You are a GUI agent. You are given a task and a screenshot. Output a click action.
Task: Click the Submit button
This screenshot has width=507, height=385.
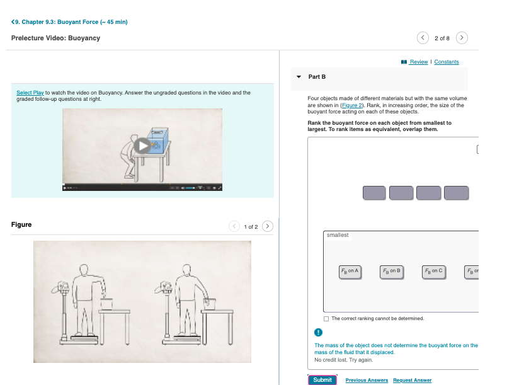322,380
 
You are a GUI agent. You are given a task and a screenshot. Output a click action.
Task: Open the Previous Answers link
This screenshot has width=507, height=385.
367,380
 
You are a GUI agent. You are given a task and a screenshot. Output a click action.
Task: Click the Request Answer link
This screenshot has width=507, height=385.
413,380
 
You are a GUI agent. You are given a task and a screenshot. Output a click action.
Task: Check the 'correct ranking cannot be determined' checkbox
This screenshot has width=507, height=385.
326,319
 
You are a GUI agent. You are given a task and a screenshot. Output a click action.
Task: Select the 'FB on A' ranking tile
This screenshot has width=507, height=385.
350,272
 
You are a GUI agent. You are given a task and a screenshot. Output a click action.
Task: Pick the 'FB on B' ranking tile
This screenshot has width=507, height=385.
392,272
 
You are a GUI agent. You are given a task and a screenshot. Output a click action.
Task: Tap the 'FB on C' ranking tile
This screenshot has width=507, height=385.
433,272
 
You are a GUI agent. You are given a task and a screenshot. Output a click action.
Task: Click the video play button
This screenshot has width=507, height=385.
142,146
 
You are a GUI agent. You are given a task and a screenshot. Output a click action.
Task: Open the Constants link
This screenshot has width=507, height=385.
447,62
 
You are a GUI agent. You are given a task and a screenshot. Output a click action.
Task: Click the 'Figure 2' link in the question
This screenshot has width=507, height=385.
352,105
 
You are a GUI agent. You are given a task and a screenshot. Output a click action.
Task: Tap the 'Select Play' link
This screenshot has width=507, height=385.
30,93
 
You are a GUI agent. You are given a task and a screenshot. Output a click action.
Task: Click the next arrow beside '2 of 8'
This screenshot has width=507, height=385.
462,38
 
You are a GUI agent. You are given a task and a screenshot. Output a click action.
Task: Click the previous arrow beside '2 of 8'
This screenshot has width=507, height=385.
423,38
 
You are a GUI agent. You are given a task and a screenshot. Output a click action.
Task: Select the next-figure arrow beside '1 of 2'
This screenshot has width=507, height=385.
268,226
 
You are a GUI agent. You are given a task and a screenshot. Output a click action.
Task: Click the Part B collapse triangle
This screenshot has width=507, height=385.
299,77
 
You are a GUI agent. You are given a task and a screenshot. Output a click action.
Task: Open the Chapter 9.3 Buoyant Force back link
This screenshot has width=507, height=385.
69,22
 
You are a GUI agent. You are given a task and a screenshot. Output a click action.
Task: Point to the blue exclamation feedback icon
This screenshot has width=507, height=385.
318,332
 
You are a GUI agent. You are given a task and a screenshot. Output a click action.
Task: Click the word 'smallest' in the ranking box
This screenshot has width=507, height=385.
338,235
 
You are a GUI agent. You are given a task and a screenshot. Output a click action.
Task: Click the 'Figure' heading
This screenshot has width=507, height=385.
21,224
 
